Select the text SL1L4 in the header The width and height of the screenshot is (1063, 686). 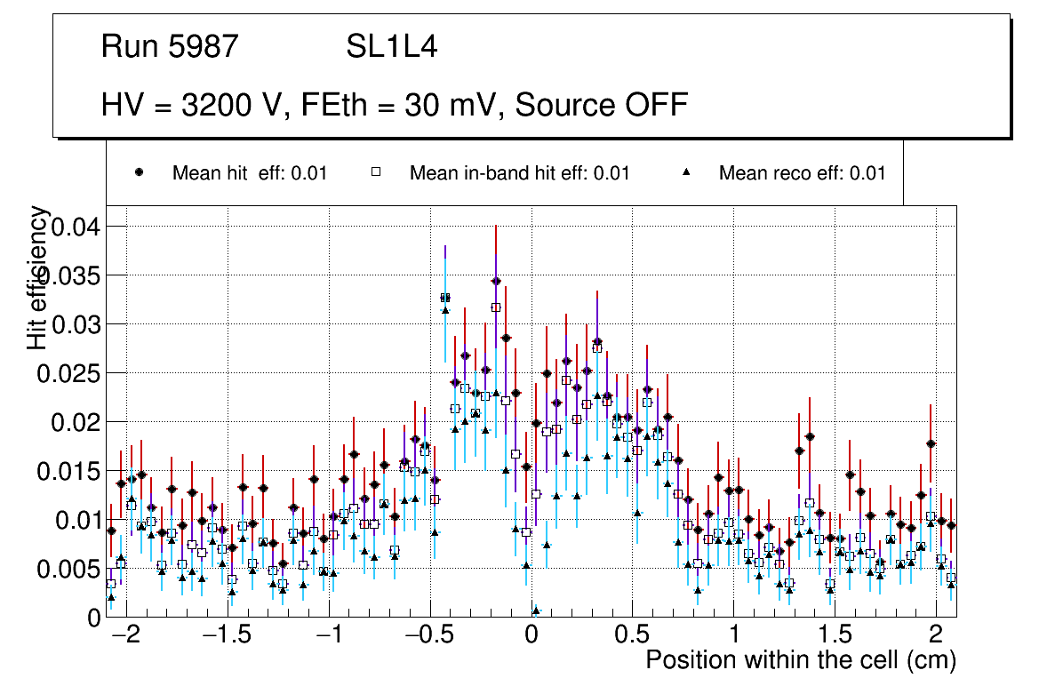391,46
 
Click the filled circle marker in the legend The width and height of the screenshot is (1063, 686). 140,172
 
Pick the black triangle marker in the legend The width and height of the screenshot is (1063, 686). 686,172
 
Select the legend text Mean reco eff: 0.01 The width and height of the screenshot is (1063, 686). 802,172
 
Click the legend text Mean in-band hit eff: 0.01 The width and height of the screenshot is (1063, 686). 519,172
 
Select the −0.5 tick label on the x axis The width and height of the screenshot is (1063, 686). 429,635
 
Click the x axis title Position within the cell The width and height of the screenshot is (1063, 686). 800,660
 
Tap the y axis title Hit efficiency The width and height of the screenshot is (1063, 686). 38,277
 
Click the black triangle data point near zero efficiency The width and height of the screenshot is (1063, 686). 536,610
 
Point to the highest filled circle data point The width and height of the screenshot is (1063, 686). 496,281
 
